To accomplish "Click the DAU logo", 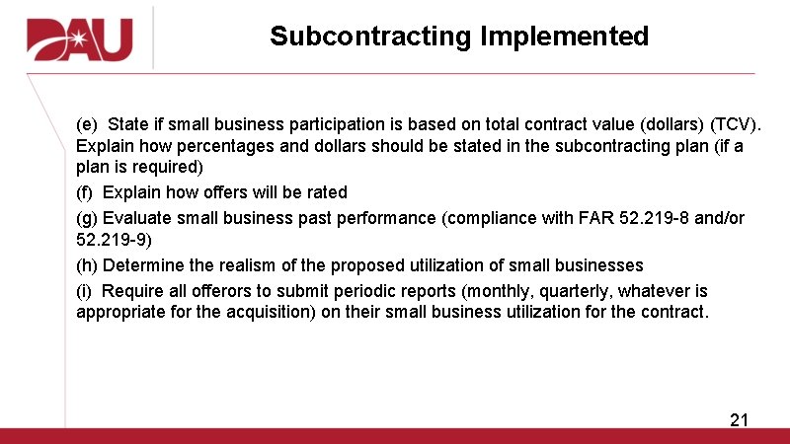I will pyautogui.click(x=79, y=38).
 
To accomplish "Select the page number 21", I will pyautogui.click(x=739, y=420).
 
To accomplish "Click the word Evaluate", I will pyautogui.click(x=137, y=218).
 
